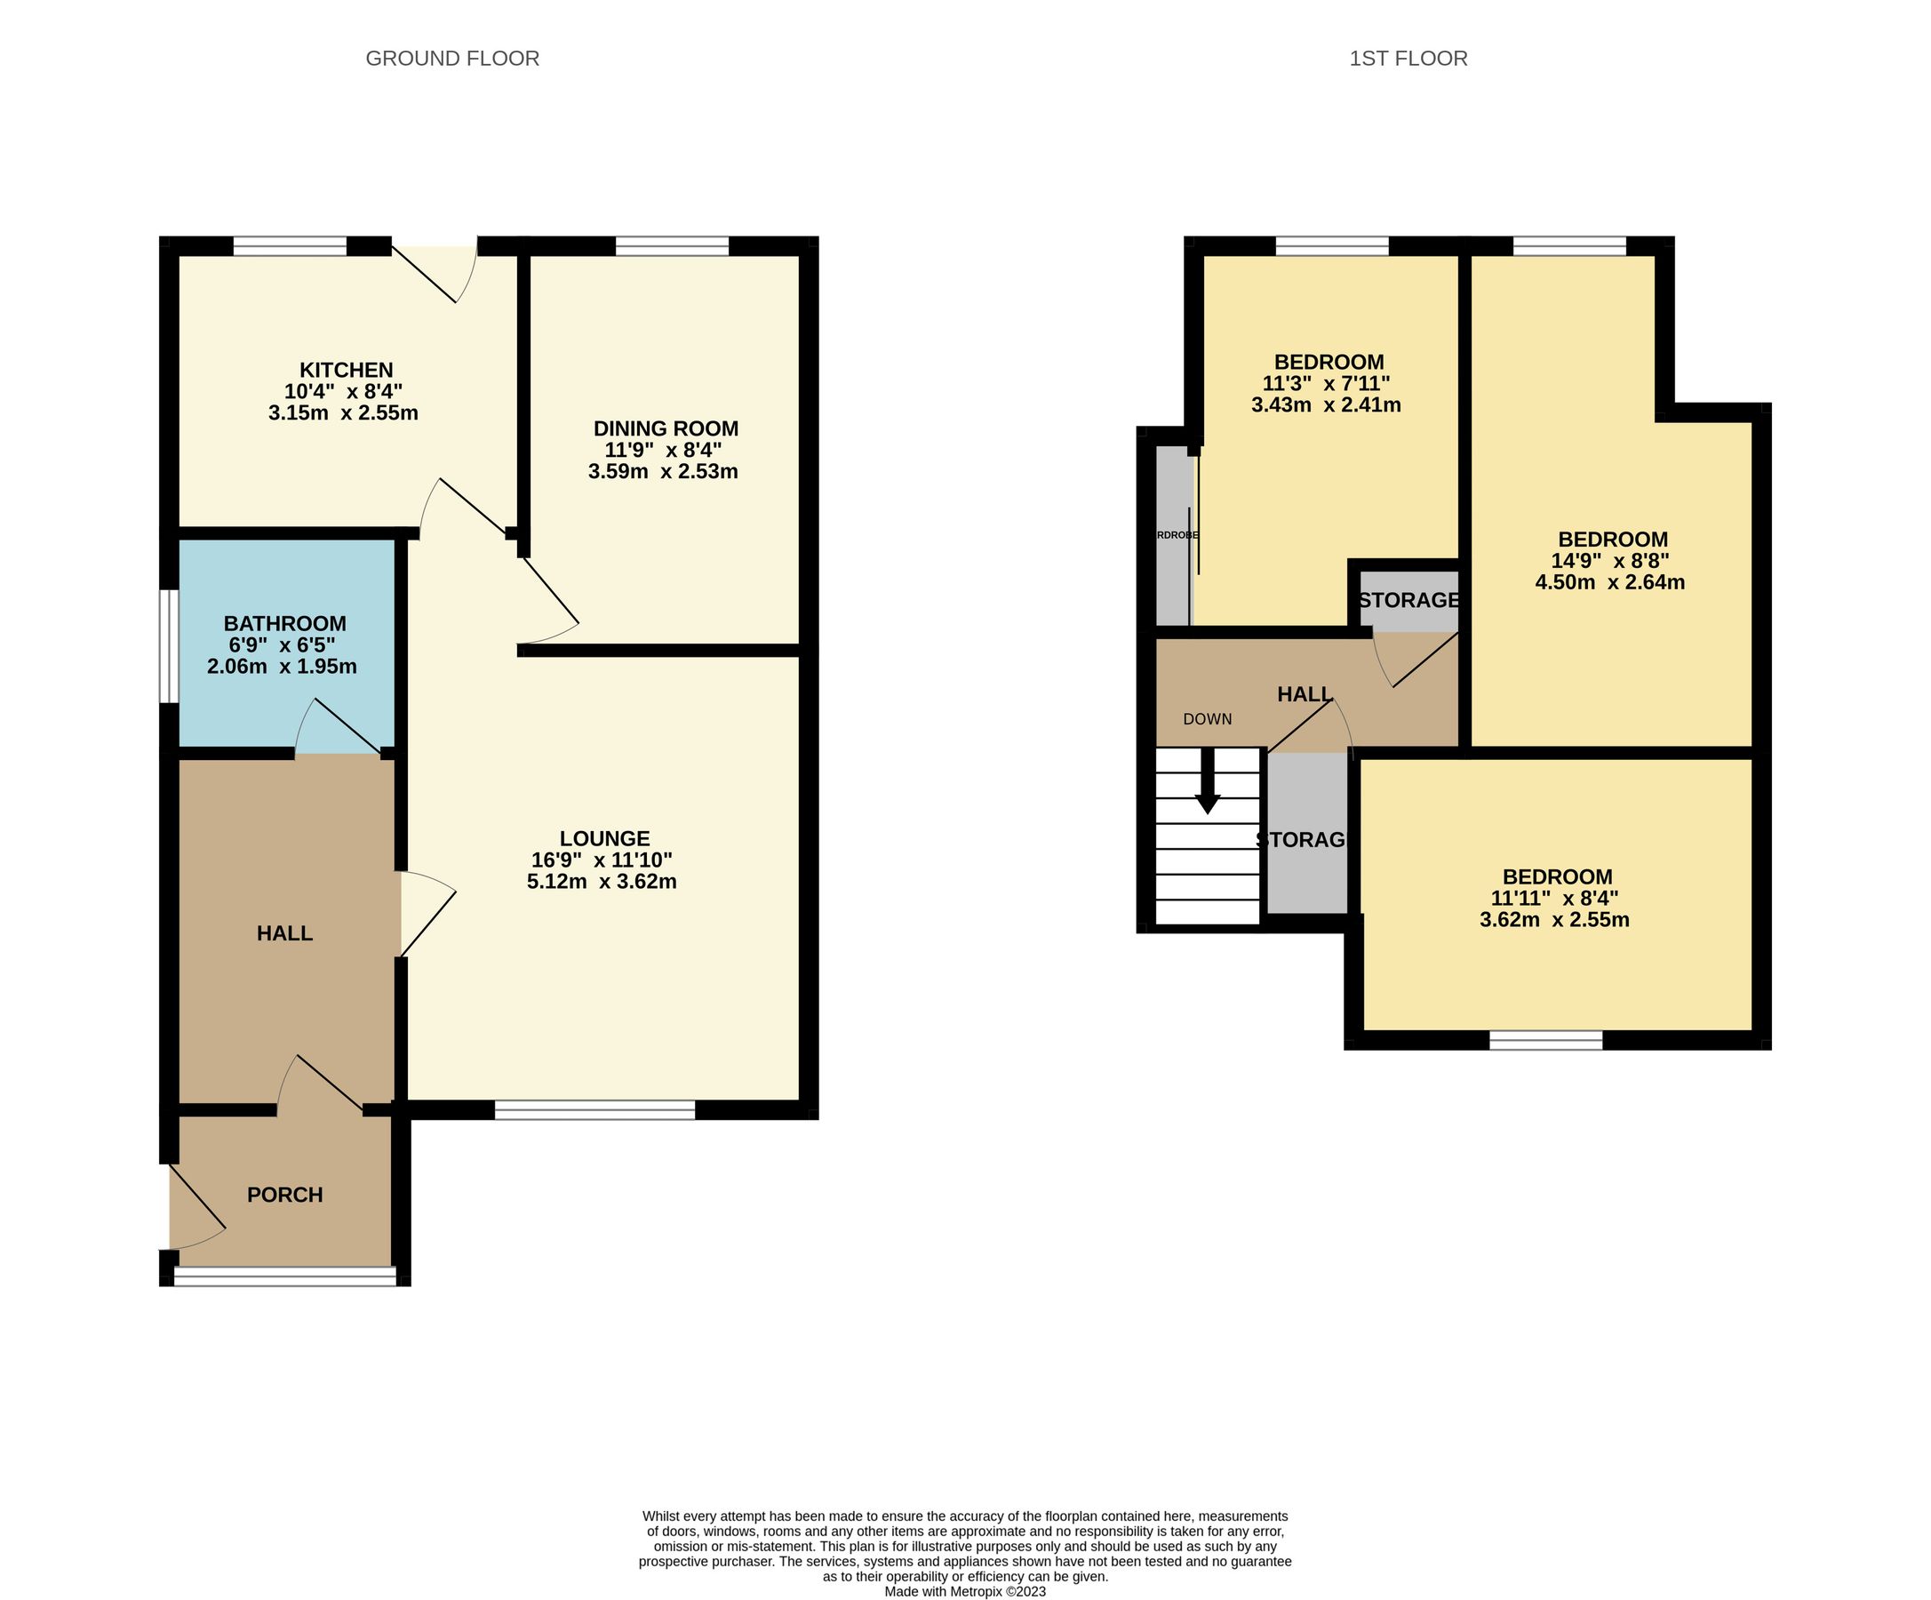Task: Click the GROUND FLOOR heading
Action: tap(452, 59)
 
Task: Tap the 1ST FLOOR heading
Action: tap(1408, 59)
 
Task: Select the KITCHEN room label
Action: tap(346, 370)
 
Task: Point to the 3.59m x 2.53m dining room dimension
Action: tap(663, 472)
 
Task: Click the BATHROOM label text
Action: tap(285, 623)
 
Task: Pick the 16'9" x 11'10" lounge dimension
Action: tap(602, 860)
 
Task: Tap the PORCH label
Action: tap(285, 1195)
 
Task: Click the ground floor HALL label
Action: tap(285, 933)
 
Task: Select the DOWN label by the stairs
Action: tap(1208, 719)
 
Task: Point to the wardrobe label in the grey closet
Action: tap(1176, 535)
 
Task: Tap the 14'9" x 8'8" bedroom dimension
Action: tap(1610, 561)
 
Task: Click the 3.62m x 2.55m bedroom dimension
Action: tap(1554, 919)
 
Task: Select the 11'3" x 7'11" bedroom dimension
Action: tap(1326, 383)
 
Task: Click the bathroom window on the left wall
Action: tap(168, 646)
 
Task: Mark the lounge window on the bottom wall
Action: tap(594, 1110)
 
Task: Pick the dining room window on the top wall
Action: tap(672, 245)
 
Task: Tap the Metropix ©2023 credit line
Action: tap(964, 1592)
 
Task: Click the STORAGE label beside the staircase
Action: tap(1301, 839)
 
